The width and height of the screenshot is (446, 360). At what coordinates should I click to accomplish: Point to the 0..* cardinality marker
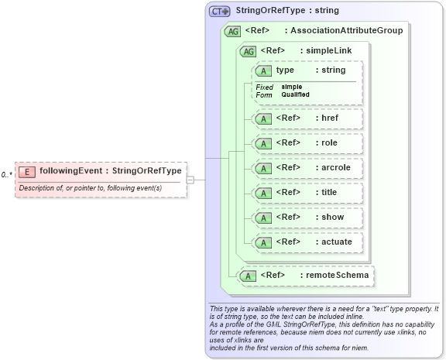(6, 175)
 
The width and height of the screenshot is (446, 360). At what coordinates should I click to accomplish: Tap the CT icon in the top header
(220, 12)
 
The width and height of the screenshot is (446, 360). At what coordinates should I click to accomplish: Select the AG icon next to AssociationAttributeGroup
(232, 32)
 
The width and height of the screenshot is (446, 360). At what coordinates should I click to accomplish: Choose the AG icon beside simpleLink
(249, 52)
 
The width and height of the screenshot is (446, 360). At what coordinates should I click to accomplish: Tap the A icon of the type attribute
(263, 71)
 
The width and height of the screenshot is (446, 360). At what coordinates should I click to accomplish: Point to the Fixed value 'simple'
(292, 87)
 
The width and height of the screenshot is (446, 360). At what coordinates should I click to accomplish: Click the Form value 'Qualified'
(295, 94)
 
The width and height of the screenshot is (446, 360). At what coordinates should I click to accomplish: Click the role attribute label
(325, 143)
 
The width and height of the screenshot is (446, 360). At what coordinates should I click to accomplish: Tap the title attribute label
(326, 192)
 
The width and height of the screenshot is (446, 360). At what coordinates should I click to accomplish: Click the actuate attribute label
(334, 242)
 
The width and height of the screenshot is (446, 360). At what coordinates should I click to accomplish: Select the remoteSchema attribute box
(306, 275)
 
